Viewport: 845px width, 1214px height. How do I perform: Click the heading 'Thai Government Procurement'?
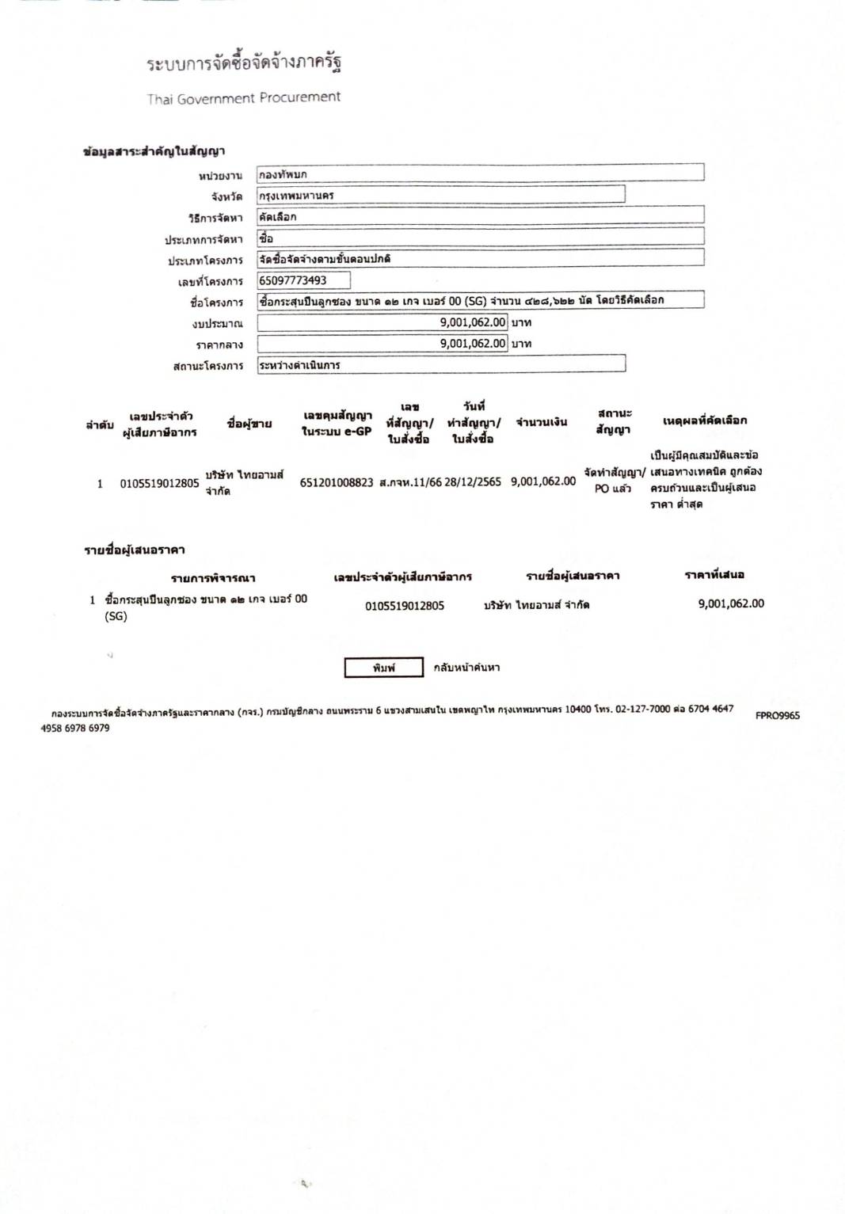[x=243, y=98]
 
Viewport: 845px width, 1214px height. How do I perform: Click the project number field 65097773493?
[x=303, y=280]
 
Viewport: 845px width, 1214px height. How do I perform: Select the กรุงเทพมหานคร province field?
[x=440, y=195]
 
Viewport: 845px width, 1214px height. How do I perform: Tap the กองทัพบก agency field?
[x=480, y=173]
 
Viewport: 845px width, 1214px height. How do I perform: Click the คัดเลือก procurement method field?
[x=480, y=216]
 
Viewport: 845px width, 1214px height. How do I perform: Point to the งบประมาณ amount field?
[x=383, y=322]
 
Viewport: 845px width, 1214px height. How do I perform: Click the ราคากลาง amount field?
[x=383, y=344]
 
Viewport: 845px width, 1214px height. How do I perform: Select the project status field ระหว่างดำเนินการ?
[x=440, y=365]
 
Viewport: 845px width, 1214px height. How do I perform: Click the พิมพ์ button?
[x=383, y=668]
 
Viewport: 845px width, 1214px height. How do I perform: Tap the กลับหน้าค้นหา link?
[x=466, y=668]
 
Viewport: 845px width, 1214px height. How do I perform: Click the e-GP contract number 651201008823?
[x=336, y=481]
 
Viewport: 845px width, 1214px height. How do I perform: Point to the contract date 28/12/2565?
[x=473, y=481]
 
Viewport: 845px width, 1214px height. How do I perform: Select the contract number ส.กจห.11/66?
[x=409, y=481]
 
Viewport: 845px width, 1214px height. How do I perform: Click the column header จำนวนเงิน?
[x=542, y=422]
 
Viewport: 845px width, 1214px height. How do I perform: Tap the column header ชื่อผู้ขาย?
[x=249, y=424]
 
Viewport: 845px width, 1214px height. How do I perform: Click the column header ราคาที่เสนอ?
[x=714, y=574]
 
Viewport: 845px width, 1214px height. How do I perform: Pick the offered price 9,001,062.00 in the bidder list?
[x=731, y=603]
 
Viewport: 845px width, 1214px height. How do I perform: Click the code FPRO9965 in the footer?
[x=777, y=715]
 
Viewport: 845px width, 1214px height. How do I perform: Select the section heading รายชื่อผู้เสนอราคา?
[x=135, y=550]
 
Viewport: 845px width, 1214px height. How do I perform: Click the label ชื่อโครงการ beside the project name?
[x=216, y=303]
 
